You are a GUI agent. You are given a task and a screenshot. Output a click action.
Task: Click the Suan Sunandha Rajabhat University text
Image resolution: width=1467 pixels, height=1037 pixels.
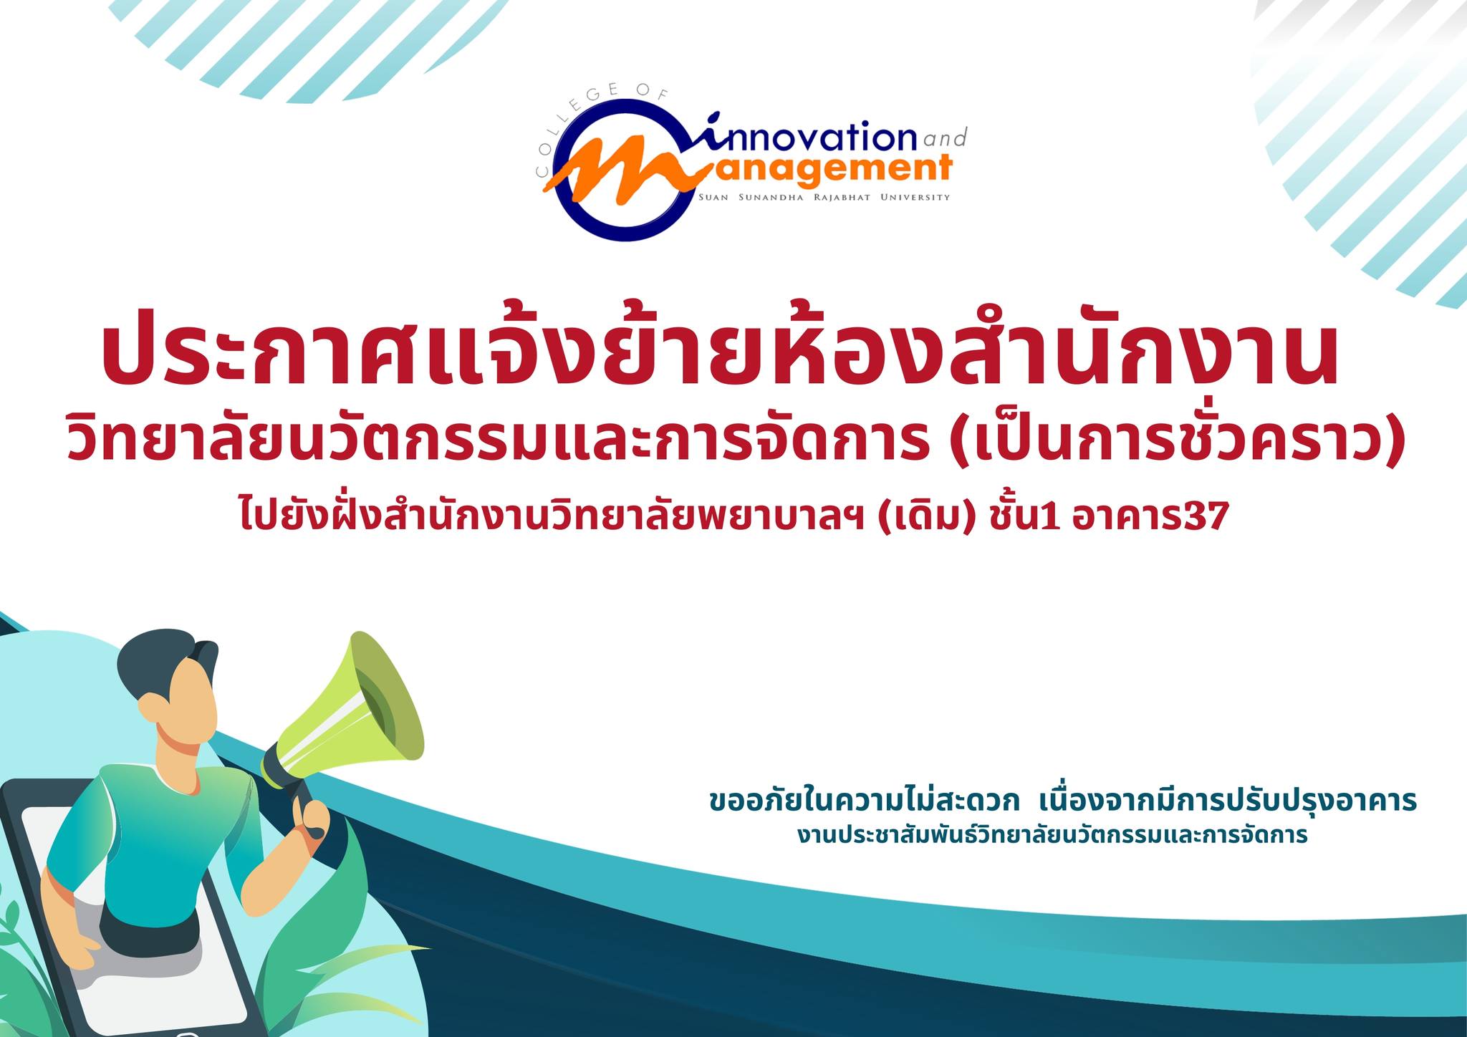[824, 198]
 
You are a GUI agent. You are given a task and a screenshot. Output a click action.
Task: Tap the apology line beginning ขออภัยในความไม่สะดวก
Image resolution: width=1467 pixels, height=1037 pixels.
[1063, 801]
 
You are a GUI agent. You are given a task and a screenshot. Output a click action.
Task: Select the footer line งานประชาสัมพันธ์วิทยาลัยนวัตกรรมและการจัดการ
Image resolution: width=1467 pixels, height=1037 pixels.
[1052, 835]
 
